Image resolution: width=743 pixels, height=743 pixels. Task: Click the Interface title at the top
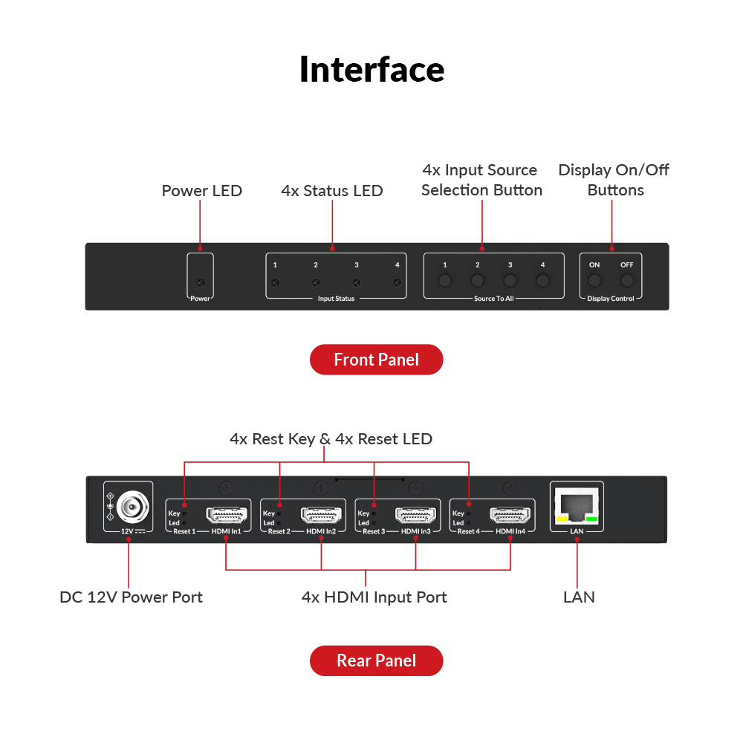[x=371, y=69]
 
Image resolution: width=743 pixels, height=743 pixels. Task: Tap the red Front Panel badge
[x=376, y=360]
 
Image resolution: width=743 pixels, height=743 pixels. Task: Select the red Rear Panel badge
[x=376, y=661]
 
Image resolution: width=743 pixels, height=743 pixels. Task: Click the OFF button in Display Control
[x=628, y=280]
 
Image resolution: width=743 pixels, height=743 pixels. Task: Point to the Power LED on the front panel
[x=200, y=282]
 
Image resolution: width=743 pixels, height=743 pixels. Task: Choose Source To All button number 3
[x=510, y=280]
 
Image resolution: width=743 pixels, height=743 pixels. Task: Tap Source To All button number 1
[x=444, y=280]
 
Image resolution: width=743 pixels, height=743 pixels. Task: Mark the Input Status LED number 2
[x=316, y=282]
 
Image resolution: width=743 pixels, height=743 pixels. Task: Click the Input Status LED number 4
[x=398, y=282]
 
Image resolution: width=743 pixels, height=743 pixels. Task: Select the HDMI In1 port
[x=226, y=514]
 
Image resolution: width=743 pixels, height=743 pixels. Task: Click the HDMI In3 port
[x=415, y=514]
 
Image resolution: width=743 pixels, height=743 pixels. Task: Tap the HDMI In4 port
[x=510, y=514]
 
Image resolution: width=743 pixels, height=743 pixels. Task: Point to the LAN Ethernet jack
[x=577, y=507]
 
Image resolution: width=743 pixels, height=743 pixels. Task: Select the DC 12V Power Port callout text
[x=131, y=597]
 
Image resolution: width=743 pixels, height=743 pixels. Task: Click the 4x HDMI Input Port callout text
[x=374, y=597]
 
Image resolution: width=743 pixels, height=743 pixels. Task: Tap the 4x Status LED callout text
[x=332, y=191]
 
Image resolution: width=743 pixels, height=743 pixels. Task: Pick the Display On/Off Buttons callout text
[x=614, y=180]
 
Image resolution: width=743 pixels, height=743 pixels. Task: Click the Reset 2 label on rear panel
[x=279, y=531]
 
